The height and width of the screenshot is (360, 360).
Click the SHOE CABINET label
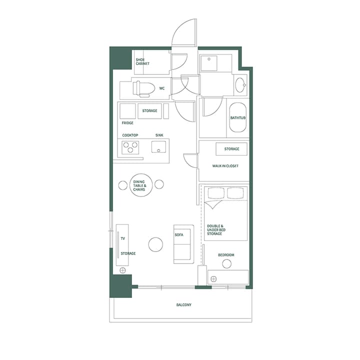[x=143, y=61]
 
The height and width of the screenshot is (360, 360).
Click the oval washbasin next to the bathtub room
[x=240, y=85]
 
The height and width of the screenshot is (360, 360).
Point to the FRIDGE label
[x=127, y=122]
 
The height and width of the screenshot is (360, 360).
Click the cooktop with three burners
[x=131, y=147]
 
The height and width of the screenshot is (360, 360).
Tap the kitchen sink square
[x=159, y=147]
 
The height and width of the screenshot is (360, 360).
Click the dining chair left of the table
[x=123, y=185]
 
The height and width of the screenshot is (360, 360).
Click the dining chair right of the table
[x=159, y=184]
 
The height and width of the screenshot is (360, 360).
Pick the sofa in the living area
[x=182, y=244]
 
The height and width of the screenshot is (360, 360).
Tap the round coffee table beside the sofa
[x=155, y=244]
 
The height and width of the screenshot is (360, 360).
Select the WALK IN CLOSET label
[x=224, y=165]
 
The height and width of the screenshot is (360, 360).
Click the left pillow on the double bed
[x=215, y=193]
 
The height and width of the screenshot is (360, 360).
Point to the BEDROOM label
[x=226, y=255]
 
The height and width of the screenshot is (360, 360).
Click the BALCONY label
[x=183, y=304]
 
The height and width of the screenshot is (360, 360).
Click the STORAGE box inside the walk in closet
[x=231, y=149]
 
